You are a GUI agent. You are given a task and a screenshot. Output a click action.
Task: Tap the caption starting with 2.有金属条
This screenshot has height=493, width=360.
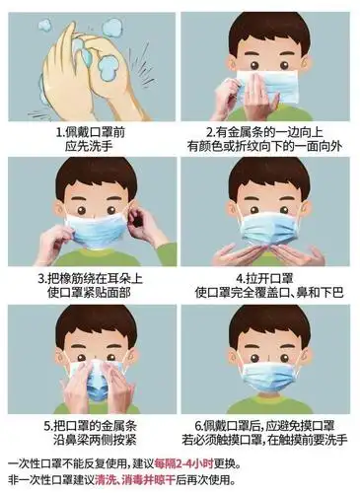(x=267, y=137)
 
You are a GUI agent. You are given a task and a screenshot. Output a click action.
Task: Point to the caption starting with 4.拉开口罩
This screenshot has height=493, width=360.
(x=267, y=285)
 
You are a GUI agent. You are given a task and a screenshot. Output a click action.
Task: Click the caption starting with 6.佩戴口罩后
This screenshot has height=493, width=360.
(x=267, y=431)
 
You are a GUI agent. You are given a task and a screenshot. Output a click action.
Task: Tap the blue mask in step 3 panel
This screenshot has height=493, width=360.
(x=94, y=229)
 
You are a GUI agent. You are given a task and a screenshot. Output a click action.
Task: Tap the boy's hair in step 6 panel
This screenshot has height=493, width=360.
(x=268, y=325)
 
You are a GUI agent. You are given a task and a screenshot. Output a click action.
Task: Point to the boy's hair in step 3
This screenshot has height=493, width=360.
(x=94, y=177)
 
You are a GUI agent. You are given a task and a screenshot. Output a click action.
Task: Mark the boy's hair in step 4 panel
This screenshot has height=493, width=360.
(x=268, y=177)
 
